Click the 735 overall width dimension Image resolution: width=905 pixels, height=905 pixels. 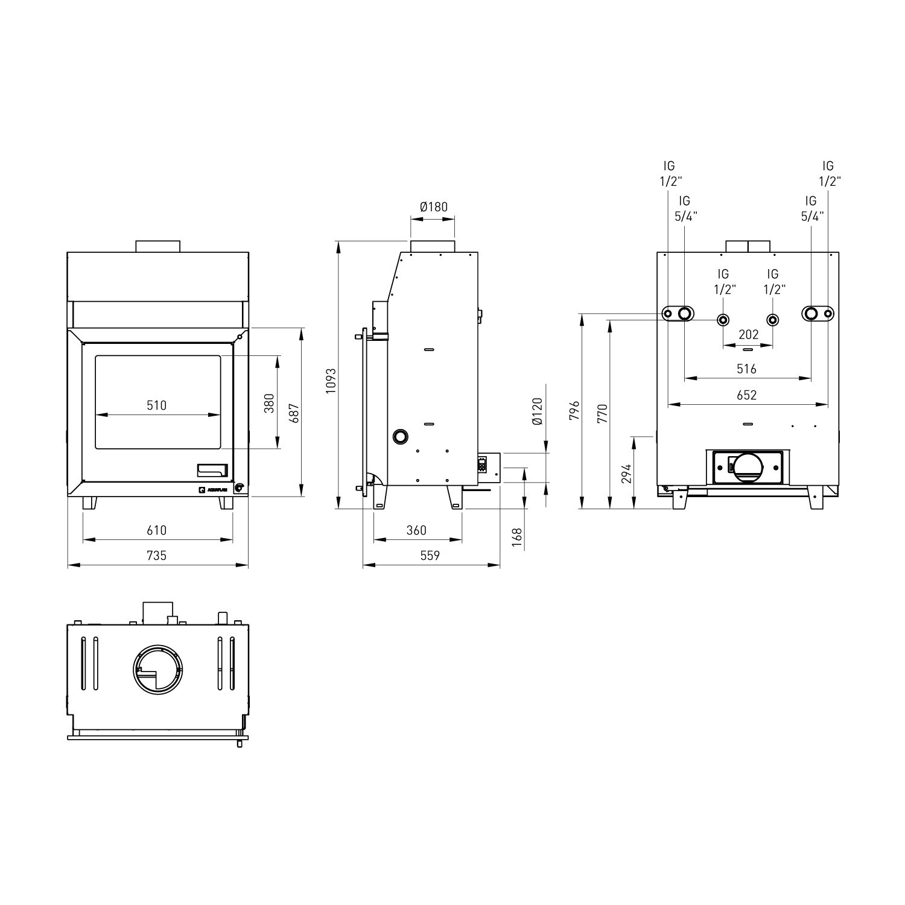tap(156, 555)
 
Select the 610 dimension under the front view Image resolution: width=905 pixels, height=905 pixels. tap(156, 530)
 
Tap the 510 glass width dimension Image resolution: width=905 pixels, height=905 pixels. tap(156, 405)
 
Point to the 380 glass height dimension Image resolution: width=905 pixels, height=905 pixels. tap(269, 403)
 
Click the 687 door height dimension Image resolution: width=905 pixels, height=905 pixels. tap(294, 413)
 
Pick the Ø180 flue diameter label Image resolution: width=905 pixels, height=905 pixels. tap(434, 207)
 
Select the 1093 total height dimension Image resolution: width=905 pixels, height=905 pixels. tap(330, 381)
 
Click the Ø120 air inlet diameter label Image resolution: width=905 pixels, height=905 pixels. tap(538, 411)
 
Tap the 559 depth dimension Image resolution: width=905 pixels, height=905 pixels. tap(430, 555)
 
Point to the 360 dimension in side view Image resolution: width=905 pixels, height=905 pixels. tap(416, 530)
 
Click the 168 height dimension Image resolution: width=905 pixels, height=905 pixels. tap(516, 536)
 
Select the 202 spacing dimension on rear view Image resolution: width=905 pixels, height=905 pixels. tap(748, 335)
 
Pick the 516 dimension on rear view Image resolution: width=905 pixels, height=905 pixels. tap(746, 369)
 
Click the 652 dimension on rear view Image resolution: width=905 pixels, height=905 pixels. tap(746, 395)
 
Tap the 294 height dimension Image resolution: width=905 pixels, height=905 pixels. tap(626, 474)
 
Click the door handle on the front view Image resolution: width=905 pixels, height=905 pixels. tap(212, 469)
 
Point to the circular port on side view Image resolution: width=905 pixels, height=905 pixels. tap(400, 436)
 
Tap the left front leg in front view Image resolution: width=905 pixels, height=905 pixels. tap(89, 503)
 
